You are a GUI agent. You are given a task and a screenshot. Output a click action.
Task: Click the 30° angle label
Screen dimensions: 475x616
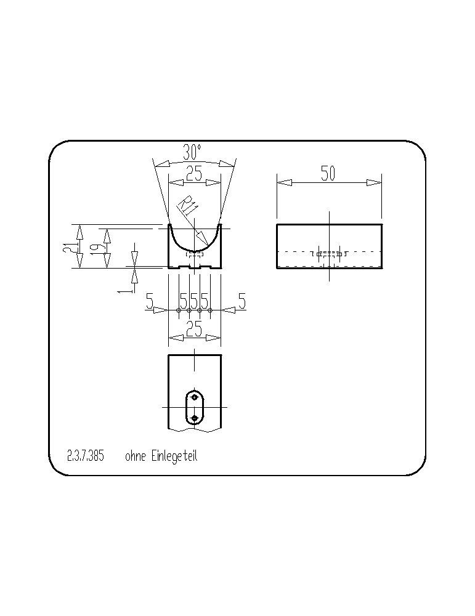pyautogui.click(x=192, y=152)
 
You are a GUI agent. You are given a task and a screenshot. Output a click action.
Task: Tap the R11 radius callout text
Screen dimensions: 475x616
pyautogui.click(x=187, y=207)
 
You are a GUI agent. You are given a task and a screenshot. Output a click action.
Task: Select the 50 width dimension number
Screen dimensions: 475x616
pyautogui.click(x=328, y=173)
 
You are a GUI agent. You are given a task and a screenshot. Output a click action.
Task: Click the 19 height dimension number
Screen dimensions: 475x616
pyautogui.click(x=98, y=248)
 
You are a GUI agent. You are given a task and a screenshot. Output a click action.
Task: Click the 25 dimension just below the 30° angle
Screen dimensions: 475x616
pyautogui.click(x=194, y=173)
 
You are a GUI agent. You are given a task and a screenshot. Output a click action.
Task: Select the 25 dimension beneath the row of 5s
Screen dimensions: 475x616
pyautogui.click(x=194, y=328)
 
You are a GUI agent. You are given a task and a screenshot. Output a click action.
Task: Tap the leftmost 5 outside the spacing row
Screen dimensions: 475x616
pyautogui.click(x=150, y=301)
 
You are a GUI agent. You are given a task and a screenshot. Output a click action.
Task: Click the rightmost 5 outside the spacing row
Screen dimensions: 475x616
pyautogui.click(x=242, y=301)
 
